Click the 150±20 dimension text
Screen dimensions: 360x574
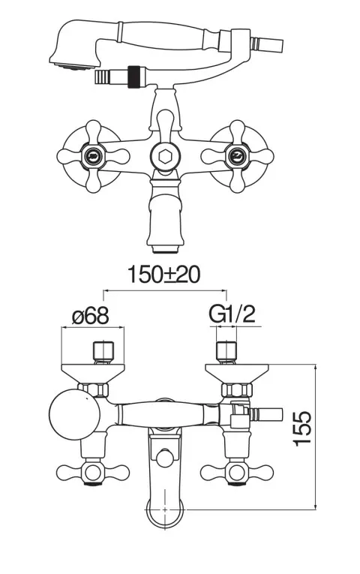pyautogui.click(x=164, y=274)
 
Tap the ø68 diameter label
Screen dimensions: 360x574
pyautogui.click(x=90, y=315)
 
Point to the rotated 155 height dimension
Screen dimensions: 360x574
pyautogui.click(x=302, y=428)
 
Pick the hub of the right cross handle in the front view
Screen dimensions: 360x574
pyautogui.click(x=235, y=157)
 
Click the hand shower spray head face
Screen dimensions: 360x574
pyautogui.click(x=75, y=66)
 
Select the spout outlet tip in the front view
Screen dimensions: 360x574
pyautogui.click(x=165, y=249)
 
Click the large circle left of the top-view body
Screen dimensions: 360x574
pyautogui.click(x=75, y=414)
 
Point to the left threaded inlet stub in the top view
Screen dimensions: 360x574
pyautogui.click(x=103, y=353)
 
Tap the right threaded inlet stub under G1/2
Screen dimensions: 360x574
pyautogui.click(x=226, y=353)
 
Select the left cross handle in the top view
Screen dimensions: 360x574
pyautogui.click(x=93, y=473)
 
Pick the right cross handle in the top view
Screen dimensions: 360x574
pyautogui.click(x=237, y=473)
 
